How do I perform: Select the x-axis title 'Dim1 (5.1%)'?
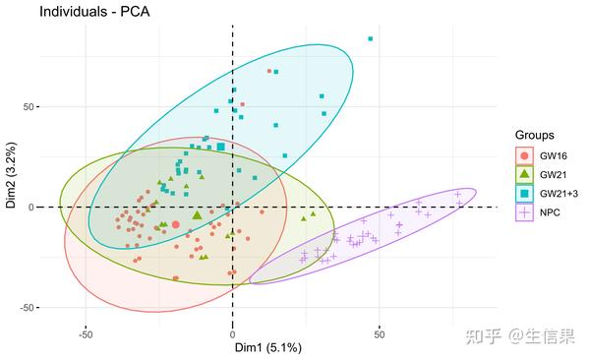click(266, 347)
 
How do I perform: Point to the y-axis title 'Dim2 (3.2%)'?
click(11, 180)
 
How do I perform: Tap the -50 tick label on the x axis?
click(86, 331)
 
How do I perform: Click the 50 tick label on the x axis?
click(380, 331)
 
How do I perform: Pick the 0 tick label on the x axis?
click(233, 331)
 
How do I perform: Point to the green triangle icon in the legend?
click(524, 174)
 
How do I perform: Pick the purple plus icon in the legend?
click(524, 211)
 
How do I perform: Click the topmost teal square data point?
click(371, 39)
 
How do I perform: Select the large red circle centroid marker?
click(176, 224)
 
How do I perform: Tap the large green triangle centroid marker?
click(198, 214)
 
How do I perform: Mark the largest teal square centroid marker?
click(221, 148)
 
